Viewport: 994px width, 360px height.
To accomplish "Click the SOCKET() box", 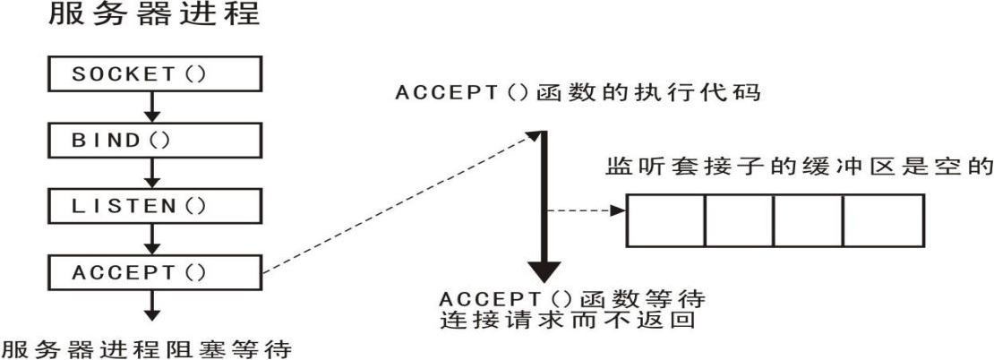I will [x=153, y=74].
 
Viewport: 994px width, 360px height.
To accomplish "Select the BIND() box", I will [x=153, y=140].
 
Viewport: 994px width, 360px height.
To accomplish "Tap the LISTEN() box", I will [x=153, y=205].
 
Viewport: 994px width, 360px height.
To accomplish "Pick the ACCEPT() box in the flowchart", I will [x=153, y=271].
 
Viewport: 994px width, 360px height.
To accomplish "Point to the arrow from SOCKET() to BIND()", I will [x=153, y=107].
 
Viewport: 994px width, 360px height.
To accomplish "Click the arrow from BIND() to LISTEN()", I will [x=153, y=173].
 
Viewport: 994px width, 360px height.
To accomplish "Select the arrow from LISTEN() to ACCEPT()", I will [x=153, y=238].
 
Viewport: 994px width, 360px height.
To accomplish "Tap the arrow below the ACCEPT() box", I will [x=153, y=306].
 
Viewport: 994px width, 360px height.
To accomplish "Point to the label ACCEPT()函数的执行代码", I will [x=578, y=93].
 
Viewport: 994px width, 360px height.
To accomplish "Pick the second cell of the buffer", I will [x=738, y=219].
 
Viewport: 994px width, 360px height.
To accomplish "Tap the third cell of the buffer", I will [x=808, y=219].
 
